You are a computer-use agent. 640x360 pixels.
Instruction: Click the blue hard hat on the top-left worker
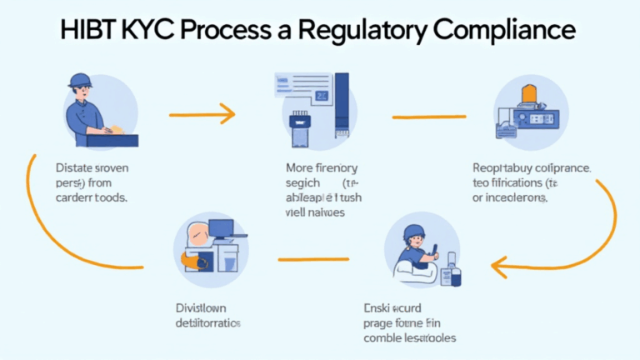click(x=81, y=80)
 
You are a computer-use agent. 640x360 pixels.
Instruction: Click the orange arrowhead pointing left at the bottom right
click(x=497, y=266)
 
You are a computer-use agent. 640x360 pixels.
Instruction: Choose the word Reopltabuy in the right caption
click(x=500, y=167)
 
